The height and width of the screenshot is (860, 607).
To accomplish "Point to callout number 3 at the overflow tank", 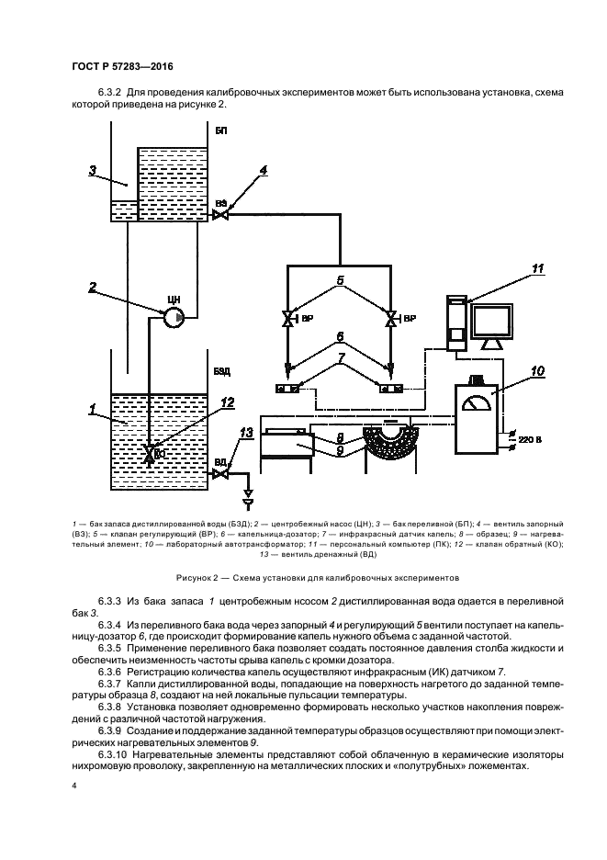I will [93, 169].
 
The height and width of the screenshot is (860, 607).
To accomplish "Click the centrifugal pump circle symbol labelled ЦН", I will [174, 317].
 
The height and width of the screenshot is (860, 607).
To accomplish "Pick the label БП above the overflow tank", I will [220, 131].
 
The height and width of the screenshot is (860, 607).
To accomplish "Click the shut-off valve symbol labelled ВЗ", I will [220, 215].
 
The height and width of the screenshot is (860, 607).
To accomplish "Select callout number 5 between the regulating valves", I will [339, 281].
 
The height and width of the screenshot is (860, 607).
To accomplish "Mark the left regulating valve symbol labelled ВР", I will [287, 321].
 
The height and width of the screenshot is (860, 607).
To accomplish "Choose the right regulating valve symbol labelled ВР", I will [392, 321].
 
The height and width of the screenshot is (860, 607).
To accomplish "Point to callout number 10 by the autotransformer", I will [536, 371].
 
